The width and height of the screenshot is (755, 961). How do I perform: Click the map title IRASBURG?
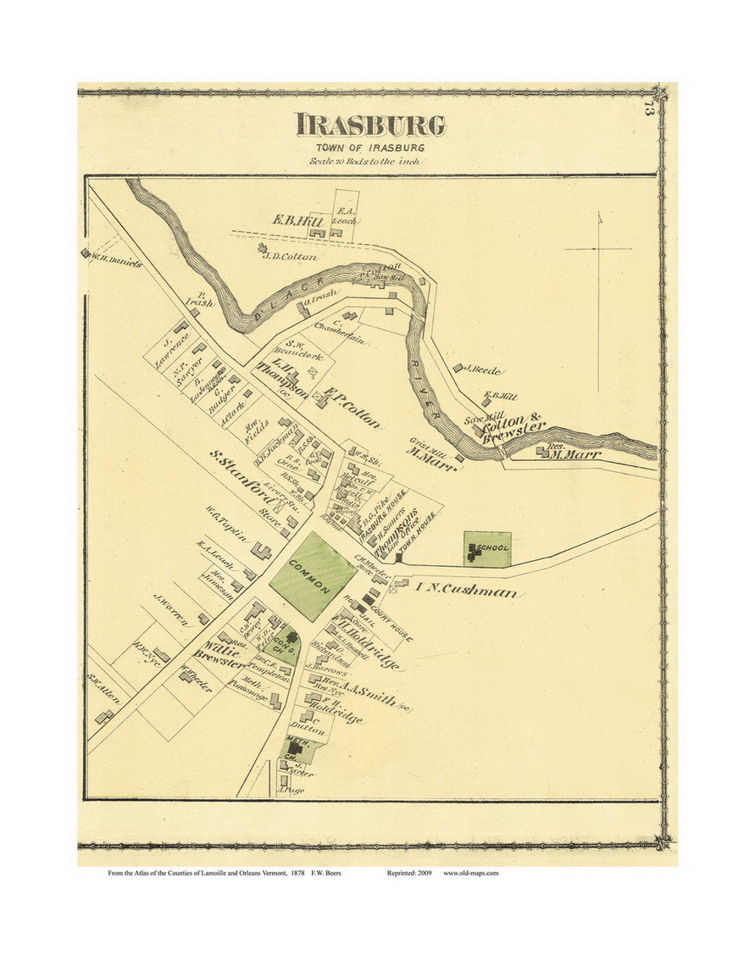(370, 125)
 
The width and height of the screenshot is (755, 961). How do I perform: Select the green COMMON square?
(311, 575)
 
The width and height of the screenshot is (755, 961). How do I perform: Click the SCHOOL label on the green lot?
(491, 548)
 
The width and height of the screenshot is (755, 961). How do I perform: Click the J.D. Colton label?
(290, 256)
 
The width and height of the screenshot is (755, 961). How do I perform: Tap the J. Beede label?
(484, 369)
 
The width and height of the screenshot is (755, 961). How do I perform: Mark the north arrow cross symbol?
(598, 249)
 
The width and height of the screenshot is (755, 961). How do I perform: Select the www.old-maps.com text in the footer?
(471, 874)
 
